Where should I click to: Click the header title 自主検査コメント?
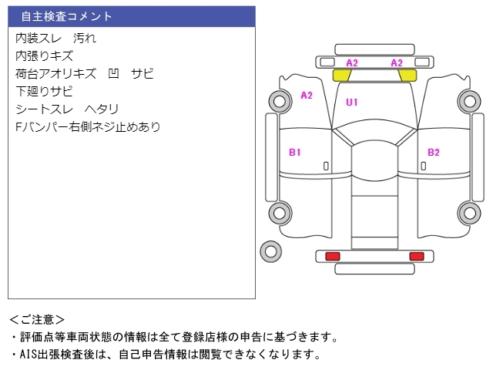(x=66, y=16)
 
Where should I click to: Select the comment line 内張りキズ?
(x=45, y=56)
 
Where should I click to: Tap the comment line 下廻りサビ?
(x=45, y=91)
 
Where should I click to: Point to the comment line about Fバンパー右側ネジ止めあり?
(x=88, y=126)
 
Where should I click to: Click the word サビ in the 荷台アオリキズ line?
(x=143, y=74)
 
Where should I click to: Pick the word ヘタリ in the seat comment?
(x=102, y=109)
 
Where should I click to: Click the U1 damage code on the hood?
(x=352, y=103)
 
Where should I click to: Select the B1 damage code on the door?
(x=295, y=153)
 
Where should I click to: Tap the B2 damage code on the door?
(x=434, y=153)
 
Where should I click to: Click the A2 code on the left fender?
(x=307, y=95)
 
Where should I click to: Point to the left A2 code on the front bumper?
(x=352, y=63)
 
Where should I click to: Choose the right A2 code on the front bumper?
(x=397, y=63)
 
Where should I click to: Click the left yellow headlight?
(x=342, y=76)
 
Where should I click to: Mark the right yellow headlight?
(x=407, y=76)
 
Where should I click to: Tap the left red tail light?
(x=333, y=256)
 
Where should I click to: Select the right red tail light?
(x=417, y=256)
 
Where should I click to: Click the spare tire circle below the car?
(x=270, y=251)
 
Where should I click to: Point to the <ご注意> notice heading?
(x=37, y=320)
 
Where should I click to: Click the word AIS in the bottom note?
(x=28, y=355)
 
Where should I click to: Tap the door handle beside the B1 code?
(x=326, y=166)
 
